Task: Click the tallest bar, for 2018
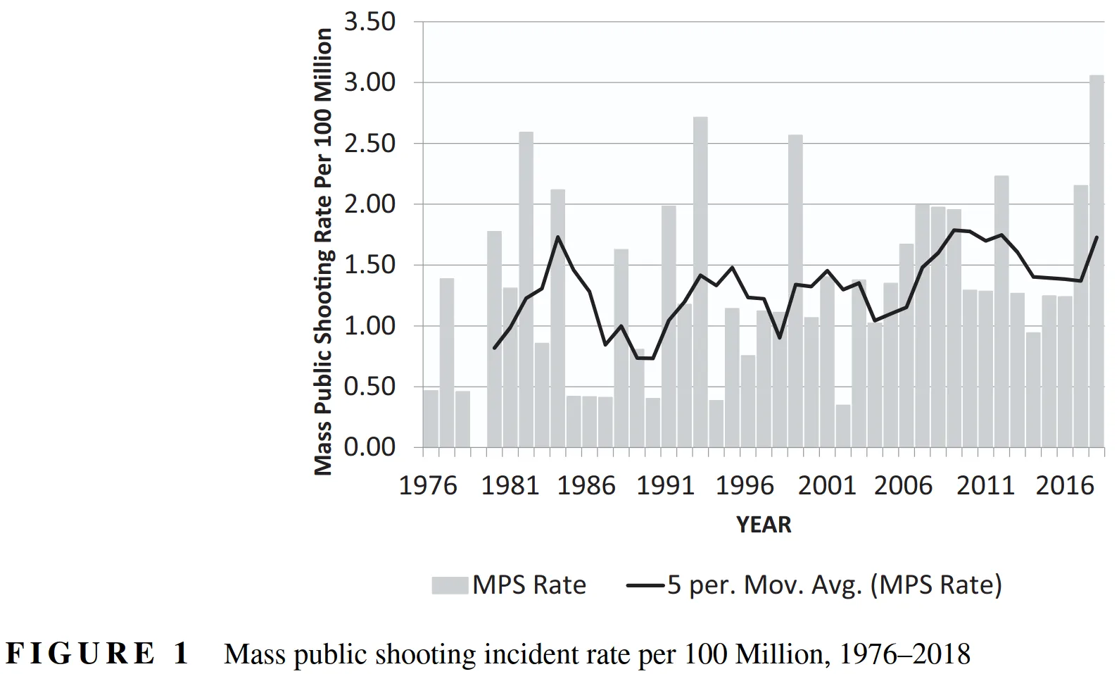point(1096,261)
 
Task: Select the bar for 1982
point(526,289)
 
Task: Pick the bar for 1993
point(700,282)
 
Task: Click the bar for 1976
point(431,418)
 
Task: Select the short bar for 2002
point(843,425)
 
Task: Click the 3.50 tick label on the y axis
point(369,22)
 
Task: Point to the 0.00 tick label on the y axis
point(369,447)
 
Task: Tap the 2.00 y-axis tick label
point(369,204)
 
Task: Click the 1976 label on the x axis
point(428,486)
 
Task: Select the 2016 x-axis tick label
point(1064,486)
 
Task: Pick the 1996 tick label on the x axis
point(745,486)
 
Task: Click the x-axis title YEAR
point(764,525)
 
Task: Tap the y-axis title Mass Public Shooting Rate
point(322,251)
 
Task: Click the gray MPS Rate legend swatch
point(450,585)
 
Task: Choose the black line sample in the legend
point(645,585)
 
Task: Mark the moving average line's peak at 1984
point(557,237)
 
